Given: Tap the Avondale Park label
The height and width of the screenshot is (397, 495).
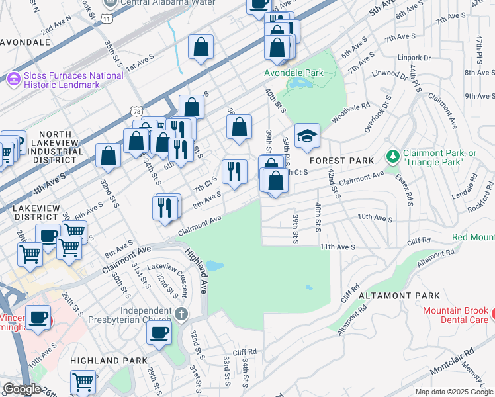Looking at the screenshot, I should coord(294,73).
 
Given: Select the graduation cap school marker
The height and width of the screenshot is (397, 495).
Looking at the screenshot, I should coord(307,136).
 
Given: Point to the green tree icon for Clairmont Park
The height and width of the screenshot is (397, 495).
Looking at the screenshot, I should coord(393,157).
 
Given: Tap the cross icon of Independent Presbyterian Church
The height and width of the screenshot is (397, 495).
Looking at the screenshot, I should coord(182,312).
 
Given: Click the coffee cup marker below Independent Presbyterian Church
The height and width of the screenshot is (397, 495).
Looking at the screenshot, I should coord(159,332).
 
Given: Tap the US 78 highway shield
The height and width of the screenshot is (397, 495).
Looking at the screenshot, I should coord(136,110).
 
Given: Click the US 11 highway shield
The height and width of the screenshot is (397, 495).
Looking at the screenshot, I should coord(107,19).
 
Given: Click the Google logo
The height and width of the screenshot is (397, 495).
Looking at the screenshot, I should coord(22,389).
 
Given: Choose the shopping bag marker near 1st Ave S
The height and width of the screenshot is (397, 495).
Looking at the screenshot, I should coord(201,48).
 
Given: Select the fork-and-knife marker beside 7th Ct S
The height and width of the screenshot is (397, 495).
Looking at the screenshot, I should coord(234,171).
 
